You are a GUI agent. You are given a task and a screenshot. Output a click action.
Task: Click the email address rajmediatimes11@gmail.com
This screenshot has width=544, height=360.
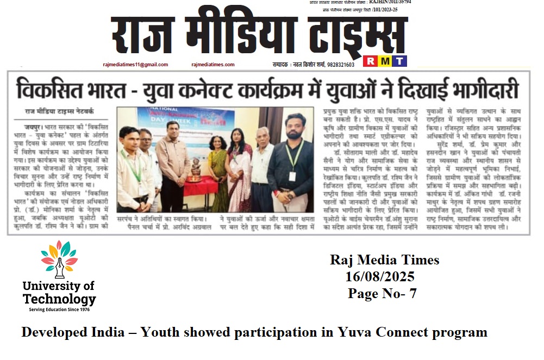pos(135,65)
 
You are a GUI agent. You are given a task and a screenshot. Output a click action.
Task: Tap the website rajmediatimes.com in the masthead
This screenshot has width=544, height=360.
pos(212,65)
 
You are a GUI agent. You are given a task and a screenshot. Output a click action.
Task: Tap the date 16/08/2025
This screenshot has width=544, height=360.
pos(380,277)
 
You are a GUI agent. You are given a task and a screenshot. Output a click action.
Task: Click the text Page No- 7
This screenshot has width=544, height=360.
pos(382,294)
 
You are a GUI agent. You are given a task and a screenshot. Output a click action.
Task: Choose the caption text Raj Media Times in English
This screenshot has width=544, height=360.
pos(384,260)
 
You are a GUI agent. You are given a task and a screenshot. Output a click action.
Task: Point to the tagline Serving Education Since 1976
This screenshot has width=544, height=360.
pos(59,309)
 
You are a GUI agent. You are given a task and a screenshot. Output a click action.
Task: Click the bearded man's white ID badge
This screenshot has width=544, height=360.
pos(292,176)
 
